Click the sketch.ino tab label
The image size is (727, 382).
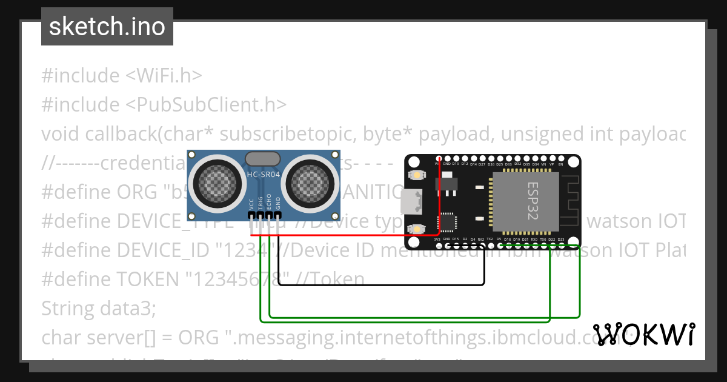pos(107,27)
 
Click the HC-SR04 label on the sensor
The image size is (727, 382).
pos(264,175)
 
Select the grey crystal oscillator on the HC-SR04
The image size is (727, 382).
pos(263,159)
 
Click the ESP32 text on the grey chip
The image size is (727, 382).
pos(533,201)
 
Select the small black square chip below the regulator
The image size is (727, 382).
pos(448,221)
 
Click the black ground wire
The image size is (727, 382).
pos(382,284)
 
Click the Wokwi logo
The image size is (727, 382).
pos(643,334)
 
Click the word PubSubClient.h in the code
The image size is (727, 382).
pos(206,104)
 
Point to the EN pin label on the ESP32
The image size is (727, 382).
pos(560,164)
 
